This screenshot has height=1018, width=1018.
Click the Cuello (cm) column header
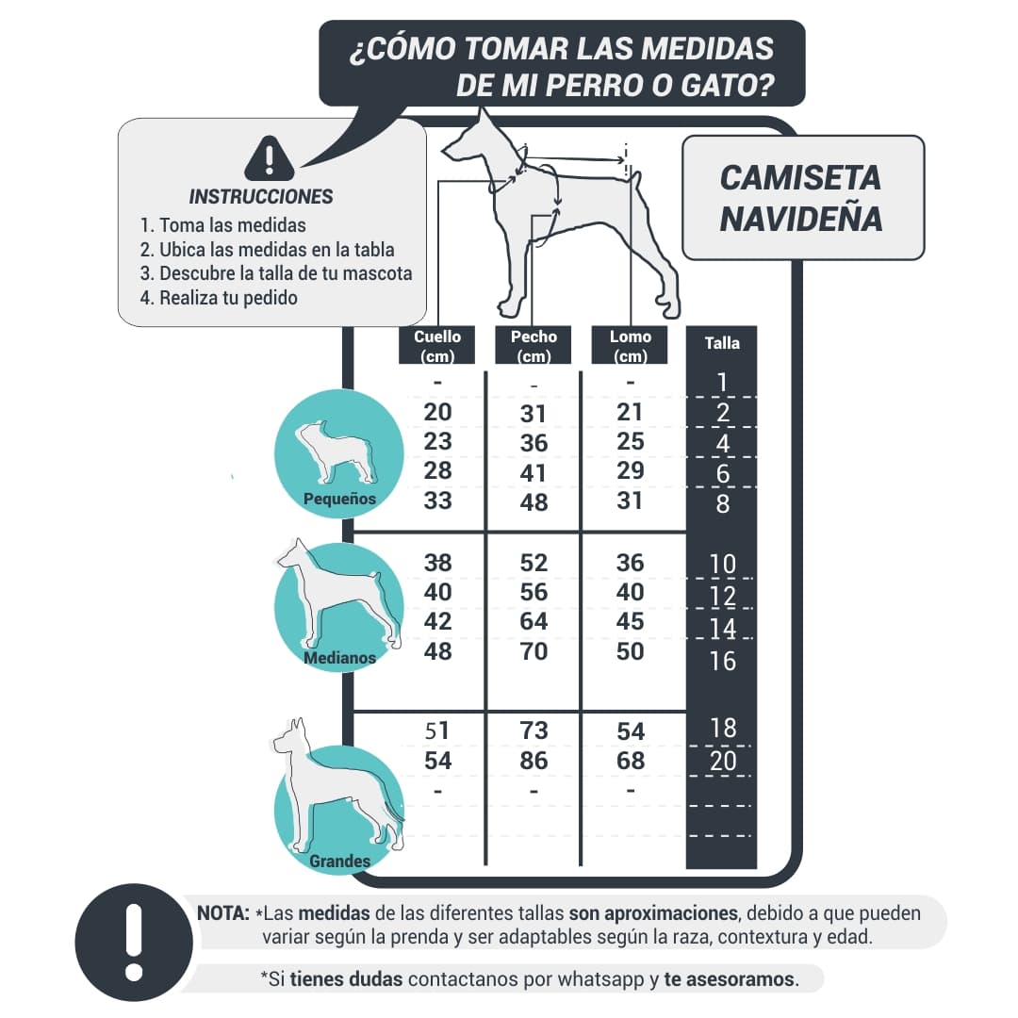coord(437,345)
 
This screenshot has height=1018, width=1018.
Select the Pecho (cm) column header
coord(534,345)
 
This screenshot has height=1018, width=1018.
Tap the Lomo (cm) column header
coord(630,345)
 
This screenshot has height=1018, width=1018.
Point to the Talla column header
coord(722,343)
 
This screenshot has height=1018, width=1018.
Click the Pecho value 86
coord(534,761)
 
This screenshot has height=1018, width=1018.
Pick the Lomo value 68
coord(630,761)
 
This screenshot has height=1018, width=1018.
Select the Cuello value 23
coord(437,441)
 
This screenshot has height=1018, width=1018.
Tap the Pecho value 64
coord(534,622)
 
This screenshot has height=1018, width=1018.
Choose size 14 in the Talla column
coord(722,629)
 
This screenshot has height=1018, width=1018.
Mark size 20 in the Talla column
coord(722,762)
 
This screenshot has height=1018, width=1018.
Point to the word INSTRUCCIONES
coord(261,197)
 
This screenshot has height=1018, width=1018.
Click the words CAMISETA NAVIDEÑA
coord(801,198)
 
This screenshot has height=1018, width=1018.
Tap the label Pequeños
coord(339,499)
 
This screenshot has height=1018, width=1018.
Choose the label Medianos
coord(339,658)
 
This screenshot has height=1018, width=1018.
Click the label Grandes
coord(339,861)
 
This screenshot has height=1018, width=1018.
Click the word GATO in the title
coord(727,86)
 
